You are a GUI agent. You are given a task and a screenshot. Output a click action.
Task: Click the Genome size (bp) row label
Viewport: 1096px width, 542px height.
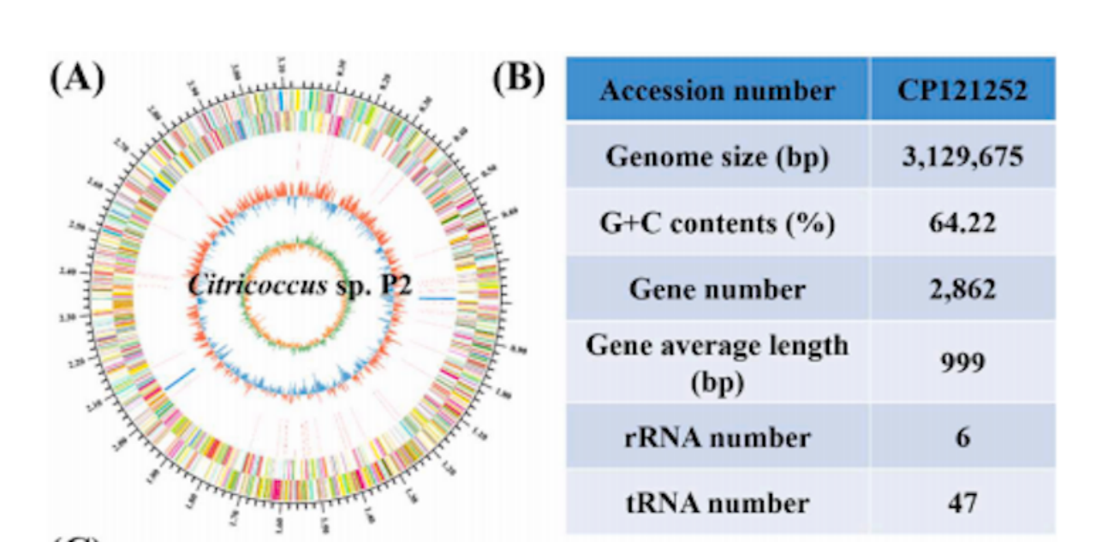tap(717, 157)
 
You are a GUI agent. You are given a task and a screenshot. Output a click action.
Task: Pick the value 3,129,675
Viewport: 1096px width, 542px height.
tap(962, 157)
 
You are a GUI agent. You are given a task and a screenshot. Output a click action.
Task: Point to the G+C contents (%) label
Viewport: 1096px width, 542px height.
tap(717, 223)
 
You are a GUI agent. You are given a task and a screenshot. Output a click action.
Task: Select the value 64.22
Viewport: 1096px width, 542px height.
tap(962, 223)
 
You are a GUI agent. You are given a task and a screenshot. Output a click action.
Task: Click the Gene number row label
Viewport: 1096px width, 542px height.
tap(717, 289)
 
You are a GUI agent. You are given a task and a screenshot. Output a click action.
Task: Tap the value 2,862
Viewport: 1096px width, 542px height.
tap(962, 289)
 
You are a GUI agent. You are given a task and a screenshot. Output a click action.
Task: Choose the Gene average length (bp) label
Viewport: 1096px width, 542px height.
tap(717, 362)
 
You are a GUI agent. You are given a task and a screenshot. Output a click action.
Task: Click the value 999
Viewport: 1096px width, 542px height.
tap(962, 362)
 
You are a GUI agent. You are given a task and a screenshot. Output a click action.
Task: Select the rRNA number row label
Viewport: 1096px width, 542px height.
tap(717, 437)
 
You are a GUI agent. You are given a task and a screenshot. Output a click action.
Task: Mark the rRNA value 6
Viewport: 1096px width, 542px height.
tap(962, 437)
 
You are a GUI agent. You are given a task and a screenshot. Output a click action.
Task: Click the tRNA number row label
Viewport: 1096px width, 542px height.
tap(717, 502)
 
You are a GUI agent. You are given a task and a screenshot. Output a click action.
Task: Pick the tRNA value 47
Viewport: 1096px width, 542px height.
tap(962, 502)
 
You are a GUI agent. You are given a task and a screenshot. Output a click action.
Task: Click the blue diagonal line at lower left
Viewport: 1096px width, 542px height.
tap(181, 378)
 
